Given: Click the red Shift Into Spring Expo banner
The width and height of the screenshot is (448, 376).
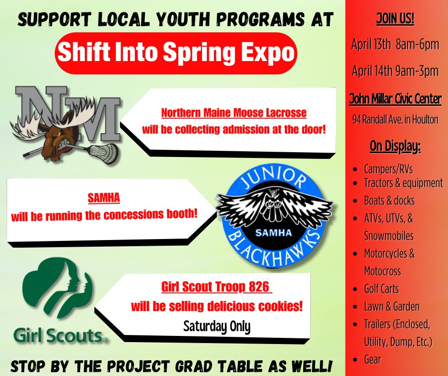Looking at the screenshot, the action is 176,53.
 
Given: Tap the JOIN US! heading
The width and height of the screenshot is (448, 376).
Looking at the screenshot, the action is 395,19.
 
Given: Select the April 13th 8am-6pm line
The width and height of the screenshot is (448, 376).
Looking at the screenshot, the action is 395,44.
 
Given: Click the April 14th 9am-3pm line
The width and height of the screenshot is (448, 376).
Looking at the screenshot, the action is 395,71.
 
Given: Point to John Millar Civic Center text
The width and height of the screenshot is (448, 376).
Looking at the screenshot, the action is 395,99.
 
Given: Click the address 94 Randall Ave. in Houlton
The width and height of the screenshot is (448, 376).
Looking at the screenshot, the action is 395,119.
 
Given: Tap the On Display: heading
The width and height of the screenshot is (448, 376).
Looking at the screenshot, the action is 395,146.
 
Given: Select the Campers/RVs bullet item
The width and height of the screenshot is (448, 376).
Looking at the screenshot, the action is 388,169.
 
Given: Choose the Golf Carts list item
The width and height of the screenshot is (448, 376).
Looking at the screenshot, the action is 381,289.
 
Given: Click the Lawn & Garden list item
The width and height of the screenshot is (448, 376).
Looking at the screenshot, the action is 392,306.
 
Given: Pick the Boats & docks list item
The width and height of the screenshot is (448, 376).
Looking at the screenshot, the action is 389,200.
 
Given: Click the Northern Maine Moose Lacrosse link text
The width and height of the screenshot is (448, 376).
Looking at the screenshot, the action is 234,113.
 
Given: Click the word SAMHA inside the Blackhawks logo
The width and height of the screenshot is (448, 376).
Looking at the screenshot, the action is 274,233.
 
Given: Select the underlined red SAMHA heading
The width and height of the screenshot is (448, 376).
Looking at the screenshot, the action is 104,198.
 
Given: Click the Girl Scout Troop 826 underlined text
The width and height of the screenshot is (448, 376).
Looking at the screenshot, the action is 216,287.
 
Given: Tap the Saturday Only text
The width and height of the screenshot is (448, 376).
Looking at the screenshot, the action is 217,326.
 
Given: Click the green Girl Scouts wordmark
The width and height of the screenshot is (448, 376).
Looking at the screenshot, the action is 61,335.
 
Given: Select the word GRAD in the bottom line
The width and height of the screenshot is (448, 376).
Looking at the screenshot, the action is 193,366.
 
